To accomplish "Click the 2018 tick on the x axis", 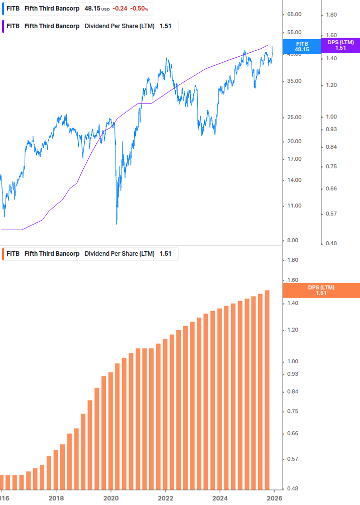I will (x=56, y=498).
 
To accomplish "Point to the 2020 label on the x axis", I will (x=110, y=498).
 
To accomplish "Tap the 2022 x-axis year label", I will (x=165, y=498).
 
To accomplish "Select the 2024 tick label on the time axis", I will (x=220, y=498).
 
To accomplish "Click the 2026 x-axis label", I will (x=274, y=498).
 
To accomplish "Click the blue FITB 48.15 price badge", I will (x=302, y=47).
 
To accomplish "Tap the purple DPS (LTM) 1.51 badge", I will (x=340, y=45).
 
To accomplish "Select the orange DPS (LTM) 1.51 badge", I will (x=321, y=290).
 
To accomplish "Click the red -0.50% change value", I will (x=139, y=9).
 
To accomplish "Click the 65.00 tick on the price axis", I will (x=294, y=15).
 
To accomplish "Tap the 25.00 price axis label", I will (x=294, y=118).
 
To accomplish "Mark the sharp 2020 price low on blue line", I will (x=116, y=223).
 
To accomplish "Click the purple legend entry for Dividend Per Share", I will (x=90, y=26).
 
